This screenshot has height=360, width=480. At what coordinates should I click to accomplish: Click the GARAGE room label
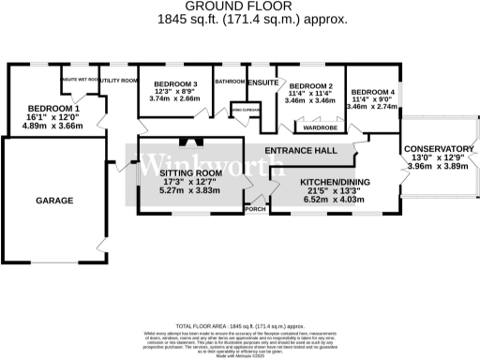pyautogui.click(x=54, y=201)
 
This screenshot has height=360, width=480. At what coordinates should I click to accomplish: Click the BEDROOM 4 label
pyautogui.click(x=373, y=92)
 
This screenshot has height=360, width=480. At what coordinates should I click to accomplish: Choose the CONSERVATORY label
pyautogui.click(x=439, y=150)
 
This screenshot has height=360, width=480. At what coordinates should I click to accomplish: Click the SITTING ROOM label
pyautogui.click(x=189, y=173)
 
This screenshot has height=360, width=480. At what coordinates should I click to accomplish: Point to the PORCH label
pyautogui.click(x=254, y=209)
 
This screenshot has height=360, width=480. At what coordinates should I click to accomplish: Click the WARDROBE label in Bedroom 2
pyautogui.click(x=320, y=128)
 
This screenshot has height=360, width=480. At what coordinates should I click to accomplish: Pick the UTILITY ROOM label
pyautogui.click(x=119, y=82)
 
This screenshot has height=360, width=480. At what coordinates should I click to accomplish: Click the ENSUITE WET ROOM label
pyautogui.click(x=80, y=80)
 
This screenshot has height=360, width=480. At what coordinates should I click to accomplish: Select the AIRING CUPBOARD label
pyautogui.click(x=244, y=110)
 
